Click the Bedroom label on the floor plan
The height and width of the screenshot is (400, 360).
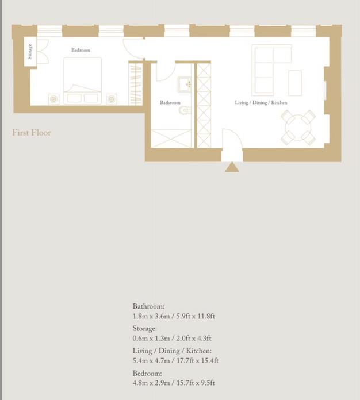pos(81,50)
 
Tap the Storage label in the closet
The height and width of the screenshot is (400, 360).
pos(30,52)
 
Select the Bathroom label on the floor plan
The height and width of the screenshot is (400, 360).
pos(170,102)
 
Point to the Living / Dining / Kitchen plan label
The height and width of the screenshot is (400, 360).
pos(261,102)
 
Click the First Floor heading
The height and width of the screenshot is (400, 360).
pos(32,133)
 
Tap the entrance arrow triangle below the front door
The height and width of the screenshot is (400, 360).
pos(232,167)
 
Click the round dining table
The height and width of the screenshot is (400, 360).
pos(298,127)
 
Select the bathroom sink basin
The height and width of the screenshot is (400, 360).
pos(184,84)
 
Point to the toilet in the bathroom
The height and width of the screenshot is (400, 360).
pos(185,110)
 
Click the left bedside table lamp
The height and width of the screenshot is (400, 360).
pos(54,99)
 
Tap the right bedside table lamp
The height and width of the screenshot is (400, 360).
pos(112,99)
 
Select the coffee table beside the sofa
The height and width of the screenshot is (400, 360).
pos(295,83)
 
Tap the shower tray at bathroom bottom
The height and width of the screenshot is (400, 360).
pos(171,139)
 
